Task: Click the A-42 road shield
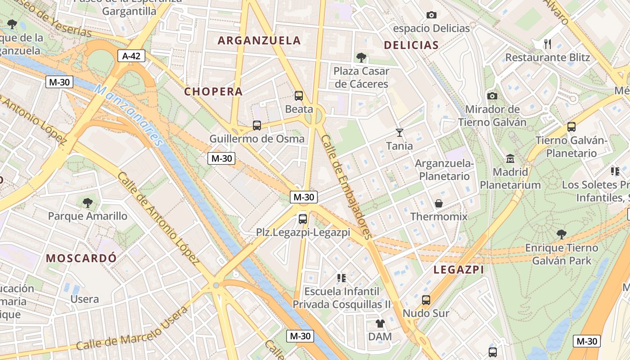point(131,56)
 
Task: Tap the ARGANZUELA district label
point(259,40)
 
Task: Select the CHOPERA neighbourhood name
point(213,91)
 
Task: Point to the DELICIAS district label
point(411,45)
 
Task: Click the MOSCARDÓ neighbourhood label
point(81,258)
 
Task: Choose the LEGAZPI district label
point(459,270)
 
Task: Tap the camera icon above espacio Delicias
point(431,15)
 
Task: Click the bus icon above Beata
point(299,95)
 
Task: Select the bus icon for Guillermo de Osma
point(257,126)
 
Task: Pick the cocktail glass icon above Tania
point(399,132)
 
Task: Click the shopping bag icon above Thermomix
point(439,203)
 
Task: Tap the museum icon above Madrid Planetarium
point(510,158)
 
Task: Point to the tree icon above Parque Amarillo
point(88,202)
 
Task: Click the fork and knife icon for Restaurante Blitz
point(548,44)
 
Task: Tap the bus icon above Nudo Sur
point(426,300)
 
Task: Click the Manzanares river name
point(128,115)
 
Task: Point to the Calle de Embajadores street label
point(346,187)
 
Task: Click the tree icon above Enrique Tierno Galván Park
point(561,234)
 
